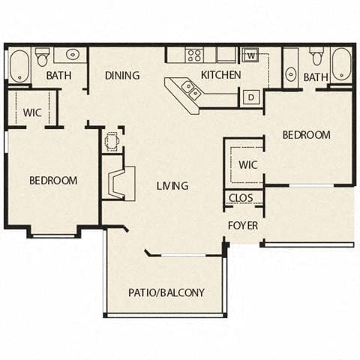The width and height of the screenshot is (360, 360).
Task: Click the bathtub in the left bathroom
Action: [19, 66]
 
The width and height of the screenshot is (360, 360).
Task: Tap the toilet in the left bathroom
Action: [43, 57]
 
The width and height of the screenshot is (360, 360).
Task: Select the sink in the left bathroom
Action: [73, 55]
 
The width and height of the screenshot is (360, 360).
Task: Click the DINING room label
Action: [122, 75]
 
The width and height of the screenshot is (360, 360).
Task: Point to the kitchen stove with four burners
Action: [194, 55]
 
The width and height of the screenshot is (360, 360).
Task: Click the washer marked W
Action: [250, 55]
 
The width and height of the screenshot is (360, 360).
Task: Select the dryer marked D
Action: [250, 96]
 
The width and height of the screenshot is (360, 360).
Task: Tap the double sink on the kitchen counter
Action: [190, 90]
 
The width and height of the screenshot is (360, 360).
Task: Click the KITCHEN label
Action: [221, 75]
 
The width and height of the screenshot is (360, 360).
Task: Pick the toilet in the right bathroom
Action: [316, 57]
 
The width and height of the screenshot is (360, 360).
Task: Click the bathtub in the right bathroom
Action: [341, 65]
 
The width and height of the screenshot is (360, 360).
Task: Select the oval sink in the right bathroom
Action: [290, 73]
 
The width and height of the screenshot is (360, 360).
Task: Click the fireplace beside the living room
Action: [118, 182]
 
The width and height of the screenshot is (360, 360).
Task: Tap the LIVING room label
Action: [172, 185]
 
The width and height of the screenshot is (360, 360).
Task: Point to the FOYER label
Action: [244, 225]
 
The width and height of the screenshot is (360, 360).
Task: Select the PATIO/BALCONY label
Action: [166, 292]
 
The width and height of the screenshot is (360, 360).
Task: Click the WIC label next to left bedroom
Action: [31, 112]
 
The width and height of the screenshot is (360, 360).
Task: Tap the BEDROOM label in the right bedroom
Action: [306, 135]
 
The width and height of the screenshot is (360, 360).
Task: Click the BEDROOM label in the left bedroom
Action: [53, 180]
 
